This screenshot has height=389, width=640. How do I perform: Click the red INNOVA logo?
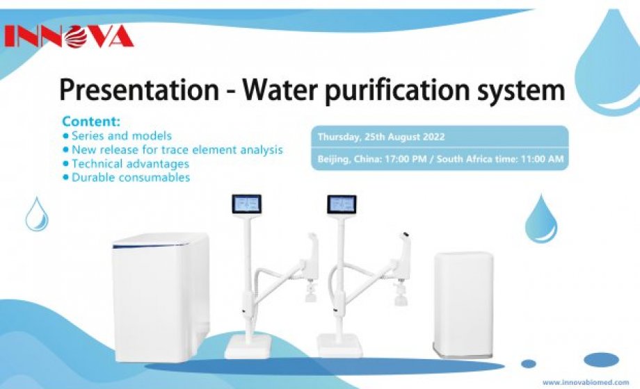[x=69, y=37]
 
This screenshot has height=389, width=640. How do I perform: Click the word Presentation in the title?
[x=139, y=90]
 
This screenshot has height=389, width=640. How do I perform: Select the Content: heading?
[x=91, y=121]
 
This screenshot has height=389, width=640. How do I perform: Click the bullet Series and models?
[x=118, y=135]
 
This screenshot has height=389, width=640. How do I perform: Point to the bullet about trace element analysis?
[x=173, y=149]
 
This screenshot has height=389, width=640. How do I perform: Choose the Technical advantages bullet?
[x=126, y=163]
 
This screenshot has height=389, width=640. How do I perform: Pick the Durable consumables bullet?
[x=127, y=177]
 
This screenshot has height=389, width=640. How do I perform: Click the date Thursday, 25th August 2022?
[x=381, y=137]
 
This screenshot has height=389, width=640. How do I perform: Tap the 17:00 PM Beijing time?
[x=406, y=158]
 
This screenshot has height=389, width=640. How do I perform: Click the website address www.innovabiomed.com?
[x=586, y=383]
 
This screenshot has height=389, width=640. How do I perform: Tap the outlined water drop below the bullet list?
[x=37, y=214]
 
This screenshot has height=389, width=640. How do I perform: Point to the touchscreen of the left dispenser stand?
[x=246, y=204]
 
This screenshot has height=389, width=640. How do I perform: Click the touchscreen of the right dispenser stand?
[x=342, y=204]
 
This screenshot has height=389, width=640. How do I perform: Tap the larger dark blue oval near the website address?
[x=601, y=360]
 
